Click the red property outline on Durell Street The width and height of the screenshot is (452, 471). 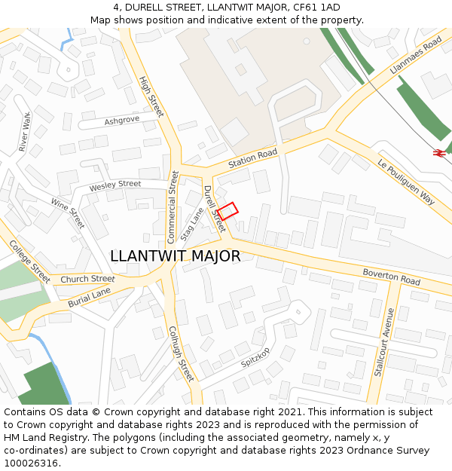(228, 211)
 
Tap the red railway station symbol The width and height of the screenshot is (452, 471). (438, 153)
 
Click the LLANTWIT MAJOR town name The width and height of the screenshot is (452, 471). (176, 256)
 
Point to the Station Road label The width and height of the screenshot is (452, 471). (253, 159)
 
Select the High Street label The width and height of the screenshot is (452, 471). (151, 96)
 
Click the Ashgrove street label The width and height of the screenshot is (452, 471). (122, 121)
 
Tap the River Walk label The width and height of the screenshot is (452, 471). (24, 132)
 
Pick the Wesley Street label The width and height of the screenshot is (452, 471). (115, 185)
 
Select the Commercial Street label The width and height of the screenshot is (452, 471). (173, 206)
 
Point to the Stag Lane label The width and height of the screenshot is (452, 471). (193, 225)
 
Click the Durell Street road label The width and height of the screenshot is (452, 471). (214, 209)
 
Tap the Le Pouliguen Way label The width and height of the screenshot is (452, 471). (406, 182)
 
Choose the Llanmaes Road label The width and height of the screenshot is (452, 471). (416, 57)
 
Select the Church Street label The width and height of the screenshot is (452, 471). (87, 279)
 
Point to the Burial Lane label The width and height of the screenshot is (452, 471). (89, 297)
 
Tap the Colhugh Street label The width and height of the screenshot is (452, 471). (182, 353)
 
